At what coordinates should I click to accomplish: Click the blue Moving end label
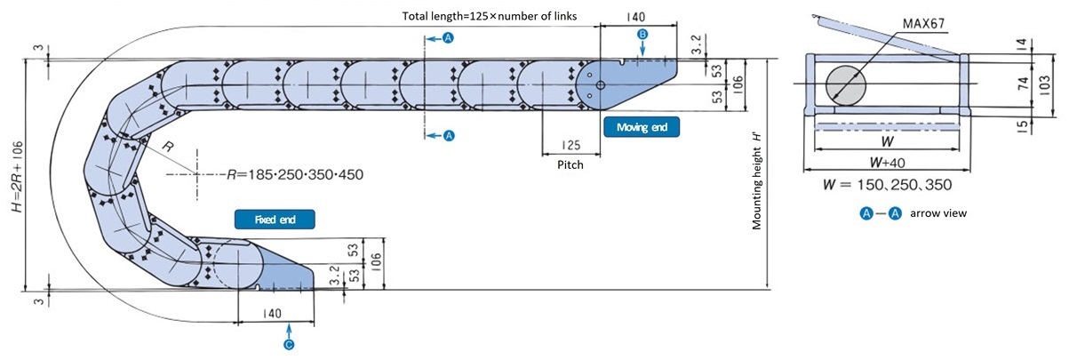coord(642,127)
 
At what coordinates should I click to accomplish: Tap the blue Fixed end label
coord(275,220)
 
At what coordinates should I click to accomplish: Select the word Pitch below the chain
coord(570,164)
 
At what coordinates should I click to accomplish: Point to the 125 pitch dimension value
coord(570,145)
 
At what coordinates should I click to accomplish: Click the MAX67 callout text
coord(923,23)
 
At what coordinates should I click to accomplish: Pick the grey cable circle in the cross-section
coord(846,85)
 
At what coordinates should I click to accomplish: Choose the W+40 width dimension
coord(887,163)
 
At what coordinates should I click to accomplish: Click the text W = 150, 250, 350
coord(887,185)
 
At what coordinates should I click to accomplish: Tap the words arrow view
coord(938,213)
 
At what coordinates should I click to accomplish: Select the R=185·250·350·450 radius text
coord(294,175)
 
